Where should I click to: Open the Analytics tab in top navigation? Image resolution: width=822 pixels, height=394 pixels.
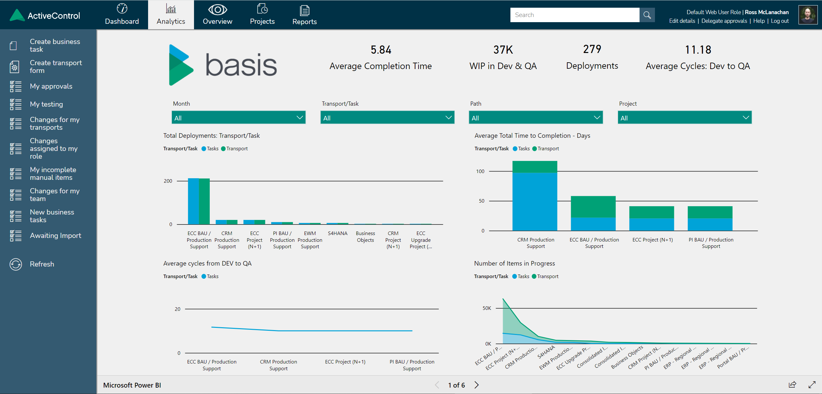point(171,15)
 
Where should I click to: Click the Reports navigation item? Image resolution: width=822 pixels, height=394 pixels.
point(304,15)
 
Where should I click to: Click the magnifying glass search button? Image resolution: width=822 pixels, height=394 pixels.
point(647,15)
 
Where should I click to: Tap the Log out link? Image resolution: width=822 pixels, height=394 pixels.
point(780,21)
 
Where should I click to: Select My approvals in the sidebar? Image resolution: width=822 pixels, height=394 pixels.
point(51,86)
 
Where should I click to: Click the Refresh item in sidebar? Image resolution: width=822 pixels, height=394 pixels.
point(42,264)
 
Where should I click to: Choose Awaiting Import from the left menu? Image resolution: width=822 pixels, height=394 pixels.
point(55,235)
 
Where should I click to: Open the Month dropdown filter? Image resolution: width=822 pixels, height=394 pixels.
point(238,118)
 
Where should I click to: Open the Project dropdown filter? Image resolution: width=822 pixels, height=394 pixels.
point(684,118)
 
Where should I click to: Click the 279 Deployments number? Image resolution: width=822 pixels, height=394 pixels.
point(592,49)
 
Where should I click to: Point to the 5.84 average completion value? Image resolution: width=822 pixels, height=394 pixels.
point(381,50)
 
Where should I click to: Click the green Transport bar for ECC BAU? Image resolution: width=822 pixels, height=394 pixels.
point(204,201)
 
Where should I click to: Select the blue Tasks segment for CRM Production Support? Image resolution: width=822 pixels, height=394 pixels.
point(535,202)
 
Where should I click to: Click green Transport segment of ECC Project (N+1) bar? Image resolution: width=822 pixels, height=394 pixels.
point(651,212)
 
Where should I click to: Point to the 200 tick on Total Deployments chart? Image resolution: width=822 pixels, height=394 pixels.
point(168,181)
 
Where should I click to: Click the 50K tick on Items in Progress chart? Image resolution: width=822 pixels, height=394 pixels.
point(487,308)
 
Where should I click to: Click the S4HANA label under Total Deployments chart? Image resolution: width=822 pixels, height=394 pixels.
point(337,233)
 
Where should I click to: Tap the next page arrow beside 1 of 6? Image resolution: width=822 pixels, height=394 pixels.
point(477,385)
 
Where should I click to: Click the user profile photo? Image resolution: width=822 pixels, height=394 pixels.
point(808,15)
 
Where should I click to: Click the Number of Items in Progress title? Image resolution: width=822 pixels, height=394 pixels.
point(514,263)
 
